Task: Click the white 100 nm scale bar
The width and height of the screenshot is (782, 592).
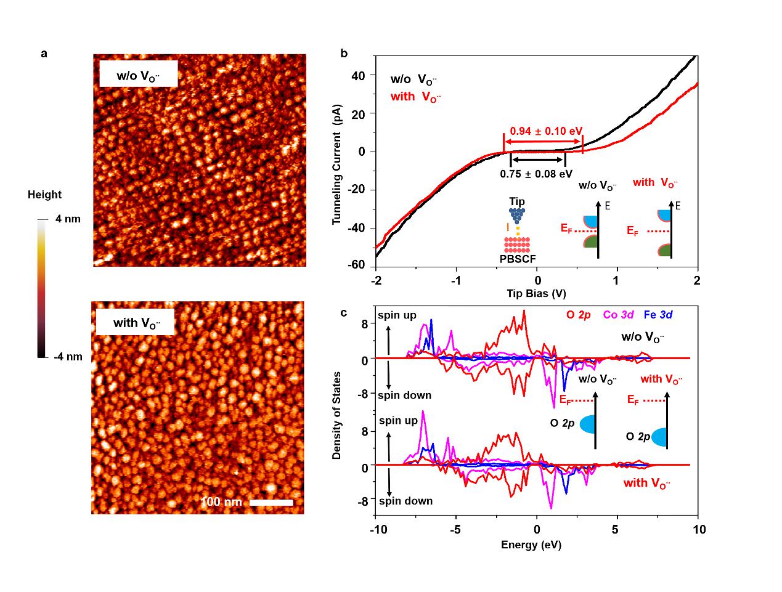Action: coord(271,502)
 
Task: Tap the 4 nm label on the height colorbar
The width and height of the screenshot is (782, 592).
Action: coord(68,219)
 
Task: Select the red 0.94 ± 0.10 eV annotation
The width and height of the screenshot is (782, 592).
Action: coord(545,131)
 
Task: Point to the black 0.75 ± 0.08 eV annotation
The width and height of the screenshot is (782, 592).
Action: coord(536,174)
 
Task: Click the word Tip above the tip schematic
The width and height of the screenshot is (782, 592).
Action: coord(517,202)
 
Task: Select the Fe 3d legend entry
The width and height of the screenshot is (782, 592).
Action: coord(658,315)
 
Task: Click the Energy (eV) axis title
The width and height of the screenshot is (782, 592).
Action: coord(531,545)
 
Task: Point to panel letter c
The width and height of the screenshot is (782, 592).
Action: coord(344,313)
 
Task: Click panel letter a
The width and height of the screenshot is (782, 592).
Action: coord(44,53)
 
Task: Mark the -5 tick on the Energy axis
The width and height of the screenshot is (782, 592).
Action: coord(455,530)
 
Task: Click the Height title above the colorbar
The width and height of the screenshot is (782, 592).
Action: coord(44,195)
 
